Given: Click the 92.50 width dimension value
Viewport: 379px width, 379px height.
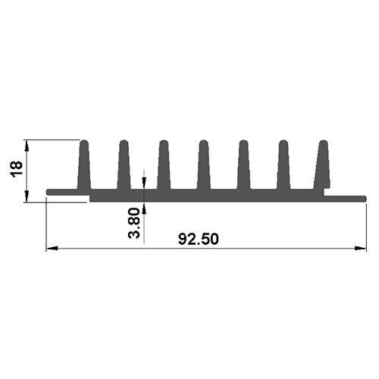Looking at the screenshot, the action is [199, 239].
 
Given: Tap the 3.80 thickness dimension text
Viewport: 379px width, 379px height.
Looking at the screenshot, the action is [134, 223].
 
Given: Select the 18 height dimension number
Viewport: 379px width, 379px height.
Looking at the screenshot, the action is [17, 169].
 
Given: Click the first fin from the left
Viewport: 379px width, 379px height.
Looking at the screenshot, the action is [84, 164].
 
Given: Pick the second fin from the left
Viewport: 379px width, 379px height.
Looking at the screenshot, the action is [124, 164].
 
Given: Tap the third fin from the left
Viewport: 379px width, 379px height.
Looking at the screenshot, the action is [164, 164].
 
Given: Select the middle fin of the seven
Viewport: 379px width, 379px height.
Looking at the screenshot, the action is [204, 164].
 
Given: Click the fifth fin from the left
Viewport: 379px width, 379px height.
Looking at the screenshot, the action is [243, 164].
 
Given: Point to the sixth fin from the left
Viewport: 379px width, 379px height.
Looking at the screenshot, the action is [283, 164].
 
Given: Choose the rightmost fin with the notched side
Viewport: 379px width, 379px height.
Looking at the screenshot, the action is [323, 164].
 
